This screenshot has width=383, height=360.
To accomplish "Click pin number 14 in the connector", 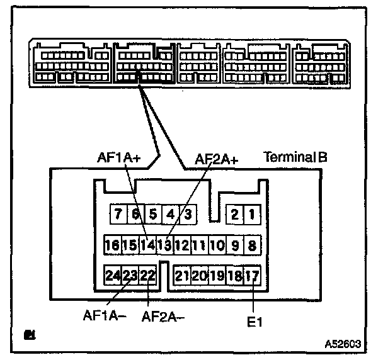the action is tap(147, 244).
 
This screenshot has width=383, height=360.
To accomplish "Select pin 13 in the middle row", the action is tap(164, 244).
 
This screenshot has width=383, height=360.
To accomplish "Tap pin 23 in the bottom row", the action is tap(130, 275).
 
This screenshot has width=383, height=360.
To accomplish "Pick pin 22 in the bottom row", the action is tap(147, 275).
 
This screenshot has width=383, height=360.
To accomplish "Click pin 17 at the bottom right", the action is tap(252, 275).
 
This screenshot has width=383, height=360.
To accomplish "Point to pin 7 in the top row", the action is tap(118, 214).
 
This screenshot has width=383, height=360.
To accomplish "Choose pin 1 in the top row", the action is tap(252, 214).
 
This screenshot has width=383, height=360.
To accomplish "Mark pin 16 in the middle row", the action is tap(112, 244).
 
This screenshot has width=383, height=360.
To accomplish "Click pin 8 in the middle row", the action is tap(252, 244).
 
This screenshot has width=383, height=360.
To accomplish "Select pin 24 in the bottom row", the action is tap(113, 275).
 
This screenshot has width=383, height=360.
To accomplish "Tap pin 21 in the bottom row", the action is tap(182, 275).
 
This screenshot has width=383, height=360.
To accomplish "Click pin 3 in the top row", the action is tap(188, 214).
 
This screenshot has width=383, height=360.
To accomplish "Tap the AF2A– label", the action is tap(163, 316).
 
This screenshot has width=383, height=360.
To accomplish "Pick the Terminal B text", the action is tap(295, 156).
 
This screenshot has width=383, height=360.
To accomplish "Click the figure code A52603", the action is tap(343, 344).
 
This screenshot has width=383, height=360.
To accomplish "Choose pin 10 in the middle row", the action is tap(217, 244).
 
